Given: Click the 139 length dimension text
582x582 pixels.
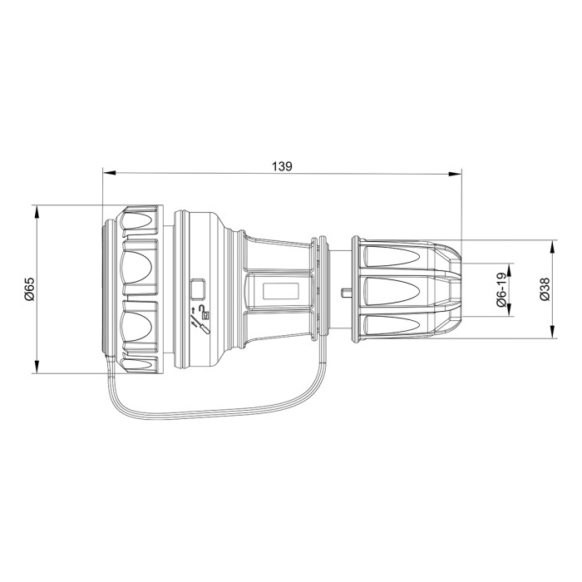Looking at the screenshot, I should pyautogui.click(x=282, y=165).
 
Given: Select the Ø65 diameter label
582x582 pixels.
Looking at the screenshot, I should pyautogui.click(x=29, y=289).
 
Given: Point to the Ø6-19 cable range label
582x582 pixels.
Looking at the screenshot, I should pyautogui.click(x=502, y=291).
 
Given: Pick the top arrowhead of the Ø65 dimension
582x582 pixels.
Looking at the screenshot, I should pyautogui.click(x=37, y=209).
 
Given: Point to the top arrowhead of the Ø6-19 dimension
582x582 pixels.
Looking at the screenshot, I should pyautogui.click(x=511, y=268).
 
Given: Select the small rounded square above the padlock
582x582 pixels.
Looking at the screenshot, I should pyautogui.click(x=199, y=289).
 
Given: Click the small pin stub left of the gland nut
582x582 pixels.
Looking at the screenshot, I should pyautogui.click(x=344, y=292).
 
